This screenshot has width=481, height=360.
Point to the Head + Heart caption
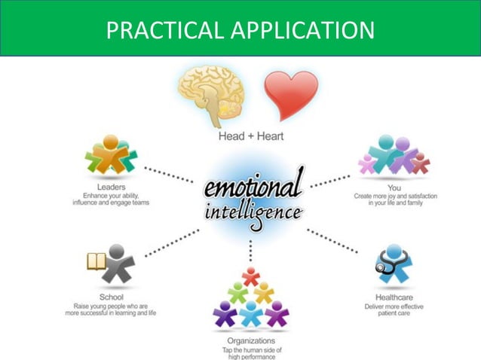(252, 136)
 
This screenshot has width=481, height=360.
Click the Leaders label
(110, 186)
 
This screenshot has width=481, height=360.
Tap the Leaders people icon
(111, 155)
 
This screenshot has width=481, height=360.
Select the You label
(394, 186)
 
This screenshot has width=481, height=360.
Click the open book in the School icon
(97, 261)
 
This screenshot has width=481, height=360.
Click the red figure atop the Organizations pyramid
(250, 276)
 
